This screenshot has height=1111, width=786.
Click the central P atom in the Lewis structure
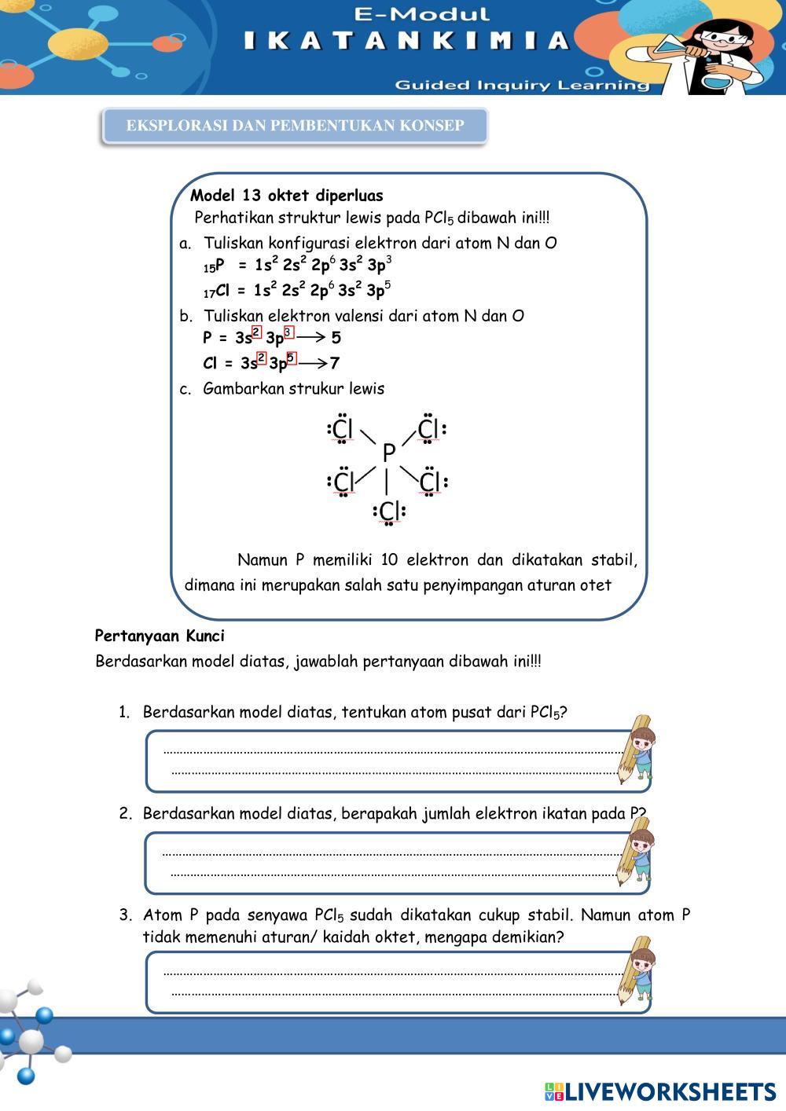click(x=388, y=453)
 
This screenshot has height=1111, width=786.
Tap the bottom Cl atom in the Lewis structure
click(x=389, y=511)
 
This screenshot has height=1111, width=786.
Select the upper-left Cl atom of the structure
click(x=343, y=430)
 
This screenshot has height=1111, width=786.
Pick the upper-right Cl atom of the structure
click(x=428, y=430)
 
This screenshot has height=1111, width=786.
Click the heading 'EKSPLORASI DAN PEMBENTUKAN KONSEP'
click(x=295, y=126)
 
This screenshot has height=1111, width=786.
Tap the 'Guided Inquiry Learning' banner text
click(x=522, y=85)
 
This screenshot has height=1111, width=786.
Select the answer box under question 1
click(x=389, y=761)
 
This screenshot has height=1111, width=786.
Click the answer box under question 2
click(x=389, y=862)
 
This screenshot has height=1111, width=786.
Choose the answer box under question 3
click(x=389, y=982)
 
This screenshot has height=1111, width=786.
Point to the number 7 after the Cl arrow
click(x=335, y=363)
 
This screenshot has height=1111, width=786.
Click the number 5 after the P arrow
click(x=336, y=338)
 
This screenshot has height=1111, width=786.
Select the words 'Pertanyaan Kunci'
click(x=160, y=636)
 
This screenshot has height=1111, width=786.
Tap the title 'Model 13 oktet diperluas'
click(x=287, y=196)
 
